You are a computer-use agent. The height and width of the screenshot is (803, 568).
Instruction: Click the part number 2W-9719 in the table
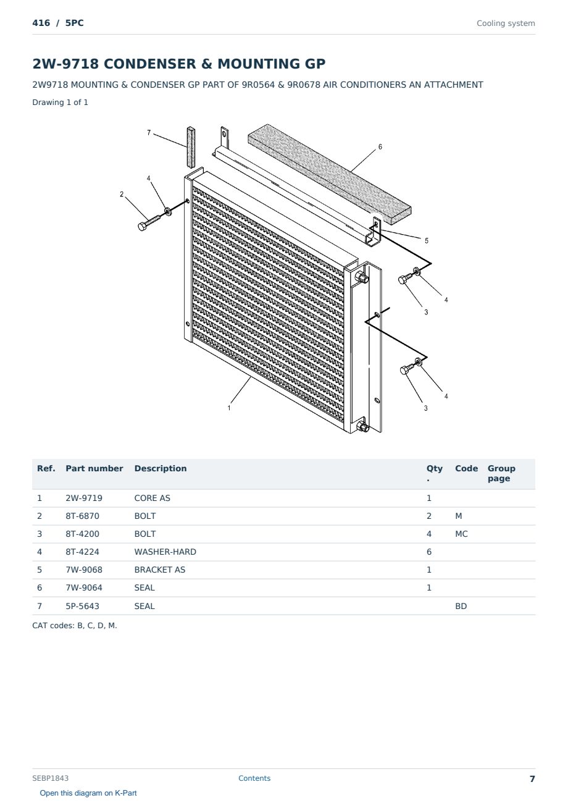point(84,498)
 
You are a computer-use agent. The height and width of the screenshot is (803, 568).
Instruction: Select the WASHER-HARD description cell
point(165,552)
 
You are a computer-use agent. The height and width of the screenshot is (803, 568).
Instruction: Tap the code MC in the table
point(461,534)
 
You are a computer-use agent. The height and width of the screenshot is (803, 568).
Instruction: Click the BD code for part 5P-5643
point(461,606)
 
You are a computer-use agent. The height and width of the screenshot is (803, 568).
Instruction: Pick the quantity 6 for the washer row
point(429,552)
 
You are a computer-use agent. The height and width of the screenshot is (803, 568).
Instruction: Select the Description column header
point(161,468)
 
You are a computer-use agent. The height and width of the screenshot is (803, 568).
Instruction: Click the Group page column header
point(501,473)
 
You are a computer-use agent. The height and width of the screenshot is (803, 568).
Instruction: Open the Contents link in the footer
point(254,778)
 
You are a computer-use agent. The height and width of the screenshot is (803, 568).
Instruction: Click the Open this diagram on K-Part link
point(88,793)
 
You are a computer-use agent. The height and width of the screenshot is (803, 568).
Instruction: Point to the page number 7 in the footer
point(532,779)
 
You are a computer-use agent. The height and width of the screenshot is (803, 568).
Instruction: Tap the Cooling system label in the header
point(506,23)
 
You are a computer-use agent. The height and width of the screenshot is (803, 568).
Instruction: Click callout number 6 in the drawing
point(380,146)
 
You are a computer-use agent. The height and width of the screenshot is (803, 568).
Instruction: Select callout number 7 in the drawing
point(149,133)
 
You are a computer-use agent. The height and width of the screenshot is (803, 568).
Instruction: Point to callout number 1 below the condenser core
point(229,408)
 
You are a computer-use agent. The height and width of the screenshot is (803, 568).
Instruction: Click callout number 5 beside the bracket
point(427,240)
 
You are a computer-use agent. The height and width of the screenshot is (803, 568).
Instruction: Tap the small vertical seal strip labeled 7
point(190,147)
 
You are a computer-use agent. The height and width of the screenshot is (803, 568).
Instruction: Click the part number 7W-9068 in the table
point(84,570)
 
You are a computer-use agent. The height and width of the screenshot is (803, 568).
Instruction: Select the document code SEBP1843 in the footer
point(50,778)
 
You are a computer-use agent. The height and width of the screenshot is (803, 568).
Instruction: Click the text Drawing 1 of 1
point(61,102)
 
